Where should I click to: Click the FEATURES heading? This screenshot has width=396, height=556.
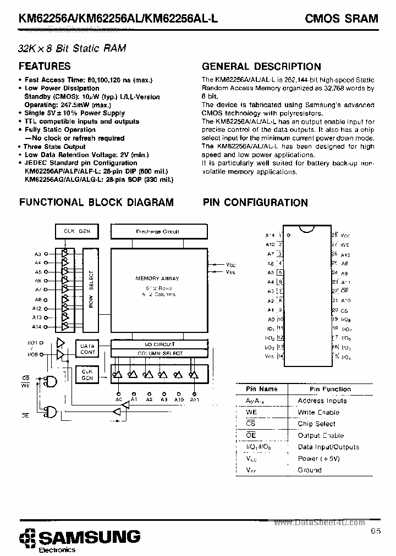45,66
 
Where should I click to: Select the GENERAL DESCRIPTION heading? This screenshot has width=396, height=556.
261,67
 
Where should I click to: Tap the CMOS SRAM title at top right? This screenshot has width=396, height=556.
342,19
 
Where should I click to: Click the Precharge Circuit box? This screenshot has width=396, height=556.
157,232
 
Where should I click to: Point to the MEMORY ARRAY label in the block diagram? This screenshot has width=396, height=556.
157,279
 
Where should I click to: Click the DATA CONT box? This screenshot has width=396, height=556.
88,349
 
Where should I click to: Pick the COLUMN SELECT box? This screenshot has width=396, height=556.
159,353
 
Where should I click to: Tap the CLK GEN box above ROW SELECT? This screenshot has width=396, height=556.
77,231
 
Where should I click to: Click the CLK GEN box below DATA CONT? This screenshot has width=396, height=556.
87,375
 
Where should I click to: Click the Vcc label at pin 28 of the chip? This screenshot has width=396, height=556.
345,235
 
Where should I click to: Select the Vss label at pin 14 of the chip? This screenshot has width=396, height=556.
269,357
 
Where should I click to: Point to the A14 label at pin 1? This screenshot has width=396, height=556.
270,235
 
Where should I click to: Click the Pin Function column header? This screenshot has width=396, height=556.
330,389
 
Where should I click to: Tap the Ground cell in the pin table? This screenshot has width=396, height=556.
310,470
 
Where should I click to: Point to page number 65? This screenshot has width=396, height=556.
375,531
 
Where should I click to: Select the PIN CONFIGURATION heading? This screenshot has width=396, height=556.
255,203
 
